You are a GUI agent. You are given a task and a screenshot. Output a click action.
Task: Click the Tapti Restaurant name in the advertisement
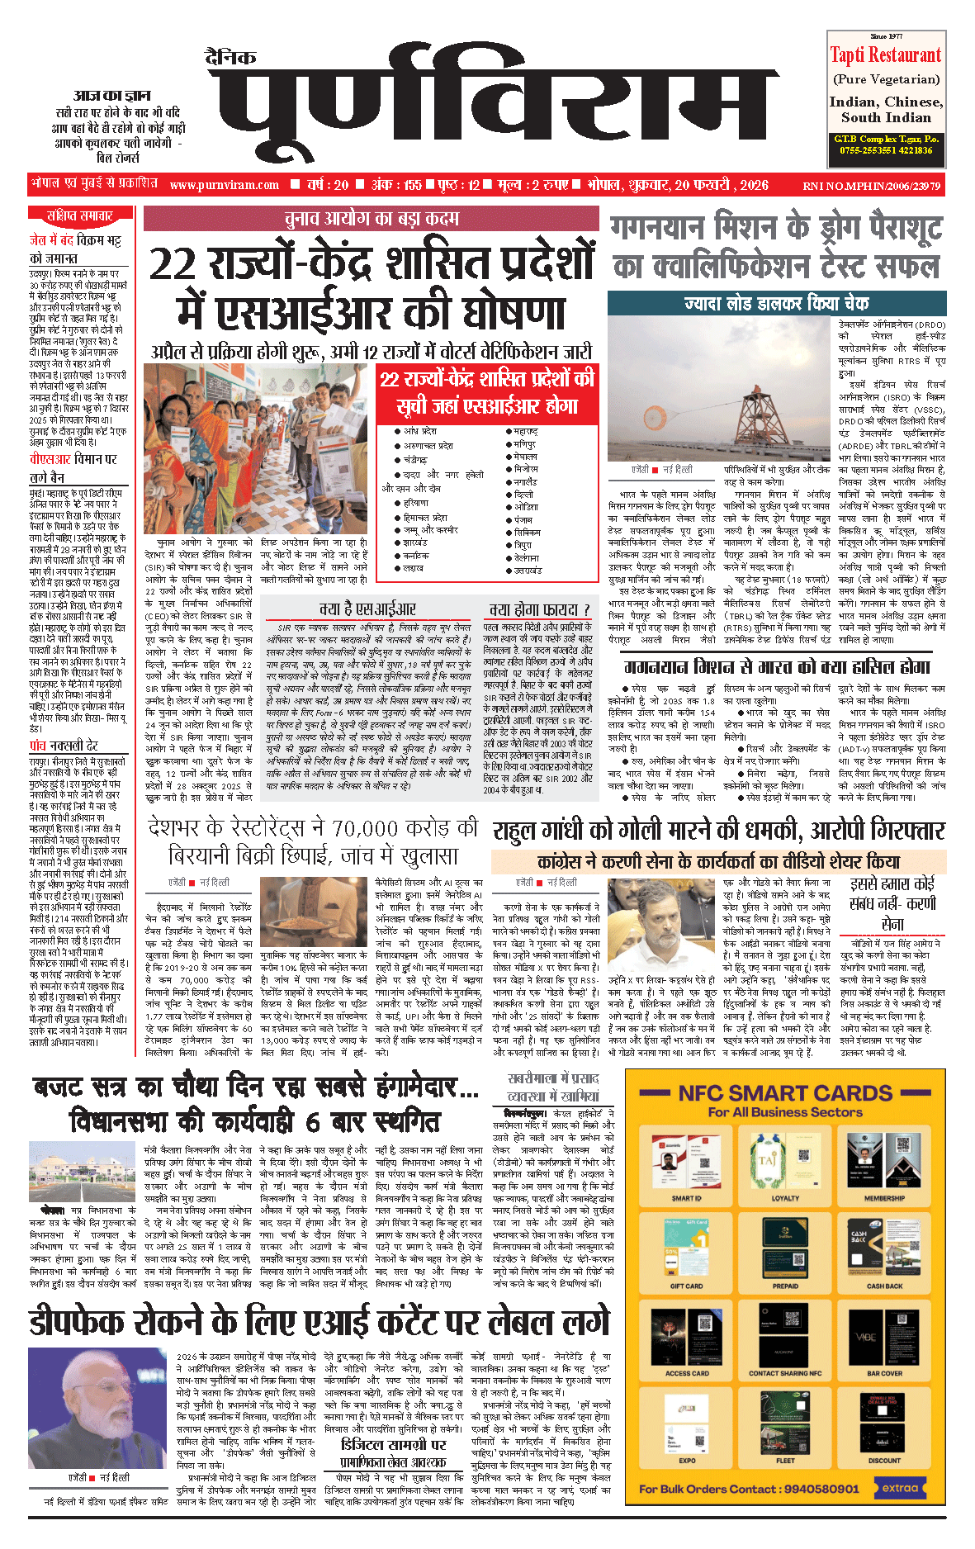[x=885, y=55]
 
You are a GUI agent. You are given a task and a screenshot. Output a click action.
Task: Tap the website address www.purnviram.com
[x=225, y=185]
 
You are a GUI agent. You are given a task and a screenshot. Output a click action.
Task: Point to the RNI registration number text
[x=871, y=186]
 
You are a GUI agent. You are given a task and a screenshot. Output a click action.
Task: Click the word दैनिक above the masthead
[x=230, y=57]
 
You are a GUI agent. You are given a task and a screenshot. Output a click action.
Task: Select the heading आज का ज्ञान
[x=111, y=96]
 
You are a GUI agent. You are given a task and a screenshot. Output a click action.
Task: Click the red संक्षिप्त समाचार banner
[x=79, y=216]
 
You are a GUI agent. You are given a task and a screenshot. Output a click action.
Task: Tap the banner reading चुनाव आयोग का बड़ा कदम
[x=371, y=219]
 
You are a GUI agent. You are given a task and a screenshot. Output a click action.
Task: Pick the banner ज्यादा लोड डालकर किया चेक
[x=776, y=303]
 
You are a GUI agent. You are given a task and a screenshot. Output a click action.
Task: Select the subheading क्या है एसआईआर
[x=367, y=609]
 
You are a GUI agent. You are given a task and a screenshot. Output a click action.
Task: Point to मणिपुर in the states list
[x=524, y=444]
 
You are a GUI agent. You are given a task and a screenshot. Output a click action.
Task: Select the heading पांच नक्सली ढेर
[x=64, y=746]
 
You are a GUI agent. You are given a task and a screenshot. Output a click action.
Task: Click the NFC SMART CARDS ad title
[x=785, y=1093]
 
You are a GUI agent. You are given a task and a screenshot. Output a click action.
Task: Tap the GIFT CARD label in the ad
[x=686, y=1286]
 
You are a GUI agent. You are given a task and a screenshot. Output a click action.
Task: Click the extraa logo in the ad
[x=900, y=1488]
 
